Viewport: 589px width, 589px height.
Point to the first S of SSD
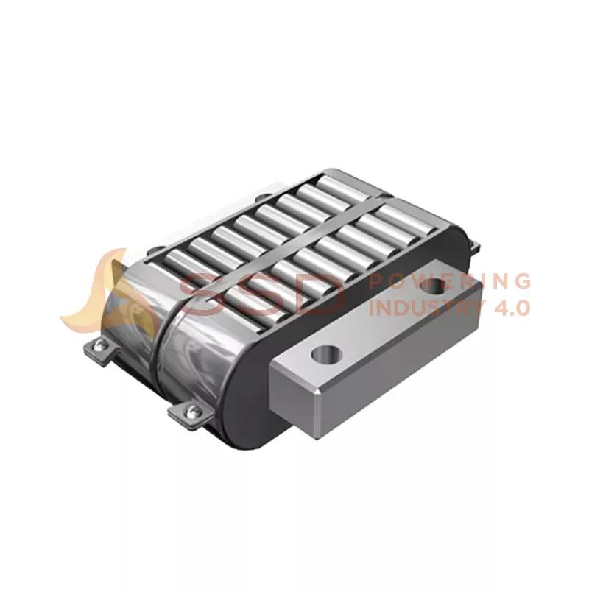[x=197, y=293]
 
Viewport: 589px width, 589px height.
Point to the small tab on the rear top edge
[x=261, y=197]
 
